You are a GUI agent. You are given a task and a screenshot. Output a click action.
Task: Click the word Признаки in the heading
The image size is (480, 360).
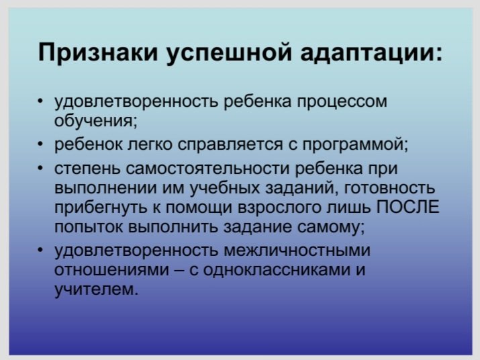pyautogui.click(x=98, y=52)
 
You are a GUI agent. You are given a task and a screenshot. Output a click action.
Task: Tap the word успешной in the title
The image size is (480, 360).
pyautogui.click(x=229, y=54)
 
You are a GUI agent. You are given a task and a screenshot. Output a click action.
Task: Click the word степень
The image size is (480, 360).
pyautogui.click(x=87, y=169)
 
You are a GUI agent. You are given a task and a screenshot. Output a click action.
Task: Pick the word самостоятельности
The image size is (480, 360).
pyautogui.click(x=207, y=168)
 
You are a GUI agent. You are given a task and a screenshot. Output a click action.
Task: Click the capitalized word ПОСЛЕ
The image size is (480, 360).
pyautogui.click(x=407, y=207)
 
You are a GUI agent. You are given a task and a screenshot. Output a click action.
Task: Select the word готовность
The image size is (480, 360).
pyautogui.click(x=389, y=189)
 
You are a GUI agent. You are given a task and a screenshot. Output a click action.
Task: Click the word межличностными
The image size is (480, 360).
pyautogui.click(x=297, y=251)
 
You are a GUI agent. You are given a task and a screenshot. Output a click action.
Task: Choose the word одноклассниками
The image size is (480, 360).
pyautogui.click(x=275, y=270)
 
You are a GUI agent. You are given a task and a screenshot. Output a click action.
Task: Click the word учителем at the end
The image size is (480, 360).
pyautogui.click(x=94, y=289)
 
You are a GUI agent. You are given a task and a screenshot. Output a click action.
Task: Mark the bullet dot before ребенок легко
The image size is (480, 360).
pyautogui.click(x=41, y=143)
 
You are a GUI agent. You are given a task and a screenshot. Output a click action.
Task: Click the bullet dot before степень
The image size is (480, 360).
pyautogui.click(x=41, y=168)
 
